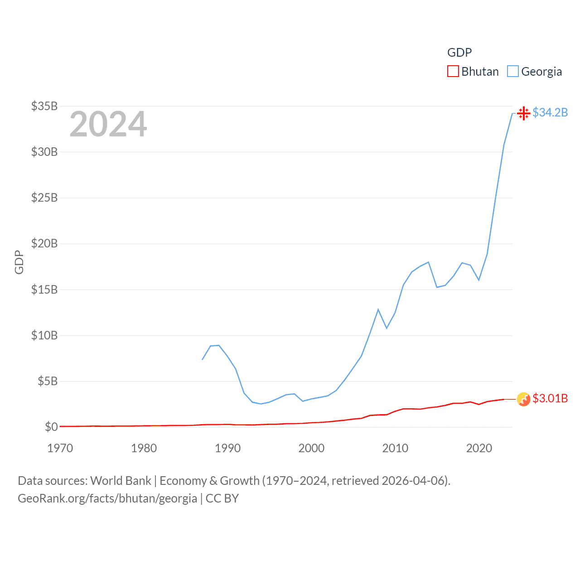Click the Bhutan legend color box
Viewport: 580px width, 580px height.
(453, 72)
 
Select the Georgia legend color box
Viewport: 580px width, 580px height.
(512, 72)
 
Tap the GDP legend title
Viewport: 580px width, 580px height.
(459, 53)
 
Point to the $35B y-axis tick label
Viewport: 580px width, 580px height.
(44, 106)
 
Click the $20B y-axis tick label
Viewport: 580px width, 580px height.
(44, 243)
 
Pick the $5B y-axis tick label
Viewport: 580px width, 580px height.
(48, 381)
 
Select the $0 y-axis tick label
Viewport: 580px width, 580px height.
(51, 427)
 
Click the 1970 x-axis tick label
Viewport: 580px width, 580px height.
(60, 448)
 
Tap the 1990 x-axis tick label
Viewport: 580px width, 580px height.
(227, 448)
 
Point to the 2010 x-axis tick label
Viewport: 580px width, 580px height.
(395, 448)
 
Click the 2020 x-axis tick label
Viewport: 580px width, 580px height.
(479, 448)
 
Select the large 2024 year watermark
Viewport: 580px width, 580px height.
(108, 124)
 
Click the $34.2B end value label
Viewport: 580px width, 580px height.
(550, 112)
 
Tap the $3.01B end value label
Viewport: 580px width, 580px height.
(550, 398)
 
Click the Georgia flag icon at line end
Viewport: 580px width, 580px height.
(523, 113)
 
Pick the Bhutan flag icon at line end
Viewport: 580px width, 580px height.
(523, 399)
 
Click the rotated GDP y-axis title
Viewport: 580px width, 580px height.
(19, 262)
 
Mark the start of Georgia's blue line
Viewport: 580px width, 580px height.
(203, 359)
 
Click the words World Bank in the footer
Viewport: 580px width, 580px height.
(121, 480)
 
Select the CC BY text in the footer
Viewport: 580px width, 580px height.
(222, 498)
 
